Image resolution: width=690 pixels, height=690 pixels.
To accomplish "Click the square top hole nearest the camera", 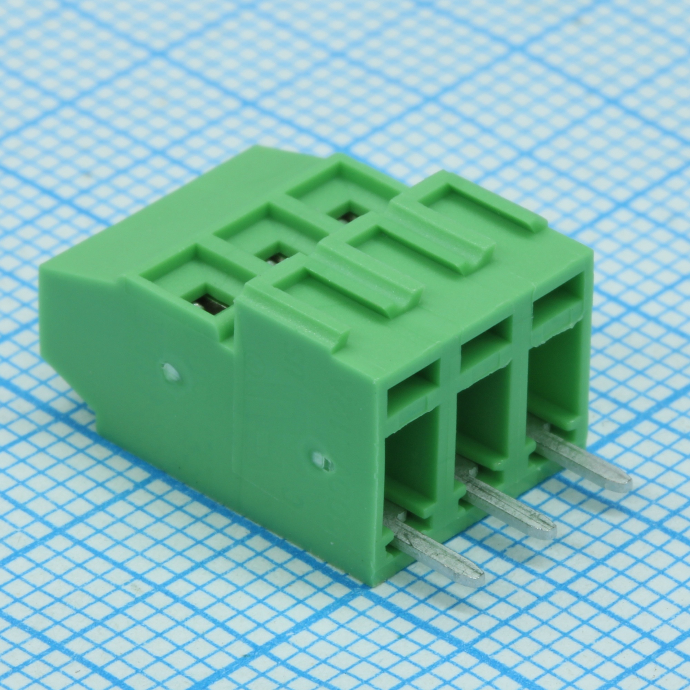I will [207, 300].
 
